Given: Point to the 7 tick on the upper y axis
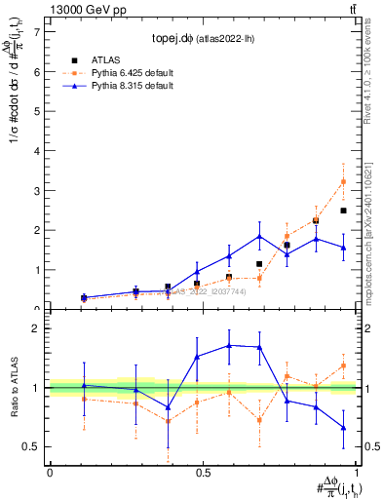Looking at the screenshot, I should tap(35, 31).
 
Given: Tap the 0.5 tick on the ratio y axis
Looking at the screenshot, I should tap(31, 447).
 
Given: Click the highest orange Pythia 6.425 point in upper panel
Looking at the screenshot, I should tap(342, 182).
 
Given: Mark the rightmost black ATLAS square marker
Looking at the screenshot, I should tap(342, 211).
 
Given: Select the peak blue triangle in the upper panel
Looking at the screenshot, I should tap(259, 236).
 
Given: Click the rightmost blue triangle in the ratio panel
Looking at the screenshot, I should tap(342, 427).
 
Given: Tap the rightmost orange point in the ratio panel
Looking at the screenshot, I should tap(342, 365).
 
